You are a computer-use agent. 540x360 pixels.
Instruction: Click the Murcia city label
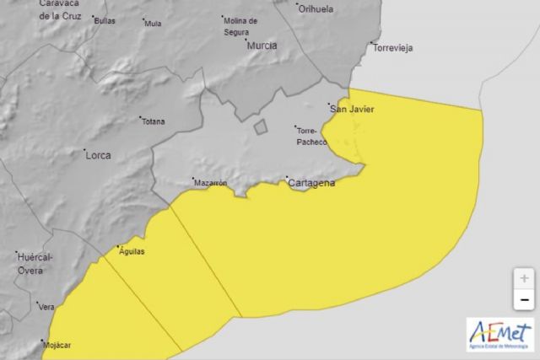coord(261,46)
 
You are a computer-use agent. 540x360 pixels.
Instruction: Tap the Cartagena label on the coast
coord(311,183)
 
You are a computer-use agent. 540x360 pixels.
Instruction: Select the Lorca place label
coord(98,155)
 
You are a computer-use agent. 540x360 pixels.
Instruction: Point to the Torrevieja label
coord(392,48)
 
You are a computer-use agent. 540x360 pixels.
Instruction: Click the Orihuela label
coord(316,8)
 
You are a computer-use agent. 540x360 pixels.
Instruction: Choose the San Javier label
coord(351,109)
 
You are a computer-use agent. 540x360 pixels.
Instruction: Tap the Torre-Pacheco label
coord(311,137)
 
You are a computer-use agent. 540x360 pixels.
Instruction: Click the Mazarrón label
coord(210,182)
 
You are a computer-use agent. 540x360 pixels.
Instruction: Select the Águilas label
coord(132,250)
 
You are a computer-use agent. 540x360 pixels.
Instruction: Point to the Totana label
coord(153,121)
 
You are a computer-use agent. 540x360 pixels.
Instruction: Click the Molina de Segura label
coord(241,25)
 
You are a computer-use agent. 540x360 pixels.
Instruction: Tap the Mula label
coord(153,24)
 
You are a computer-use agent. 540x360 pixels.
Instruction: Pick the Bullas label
coord(105,20)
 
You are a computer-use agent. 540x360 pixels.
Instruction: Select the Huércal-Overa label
coord(35,263)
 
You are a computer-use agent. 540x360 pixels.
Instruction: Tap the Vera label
coord(46,307)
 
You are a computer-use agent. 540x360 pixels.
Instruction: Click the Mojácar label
coord(57,345)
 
